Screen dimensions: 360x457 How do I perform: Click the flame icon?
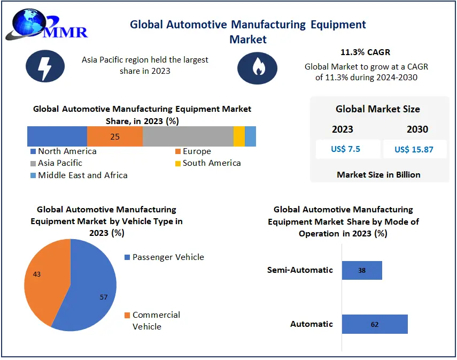click(x=257, y=68)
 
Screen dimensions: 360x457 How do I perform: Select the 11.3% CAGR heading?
click(x=366, y=52)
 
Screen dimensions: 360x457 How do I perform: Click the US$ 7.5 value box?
click(x=346, y=149)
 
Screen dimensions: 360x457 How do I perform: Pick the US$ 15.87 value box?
click(x=414, y=149)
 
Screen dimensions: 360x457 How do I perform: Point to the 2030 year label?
click(x=417, y=129)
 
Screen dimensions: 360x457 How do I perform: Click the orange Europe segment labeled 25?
click(x=115, y=136)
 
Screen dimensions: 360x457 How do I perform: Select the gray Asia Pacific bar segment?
click(x=188, y=136)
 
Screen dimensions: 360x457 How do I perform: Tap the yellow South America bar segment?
click(x=239, y=136)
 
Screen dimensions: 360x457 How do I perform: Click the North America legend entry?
click(x=64, y=151)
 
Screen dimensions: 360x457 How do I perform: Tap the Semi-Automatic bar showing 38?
click(x=362, y=271)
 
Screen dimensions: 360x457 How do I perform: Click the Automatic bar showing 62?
click(x=375, y=324)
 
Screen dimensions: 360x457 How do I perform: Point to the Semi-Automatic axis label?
click(x=300, y=270)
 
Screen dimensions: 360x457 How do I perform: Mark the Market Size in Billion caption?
click(x=378, y=175)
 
